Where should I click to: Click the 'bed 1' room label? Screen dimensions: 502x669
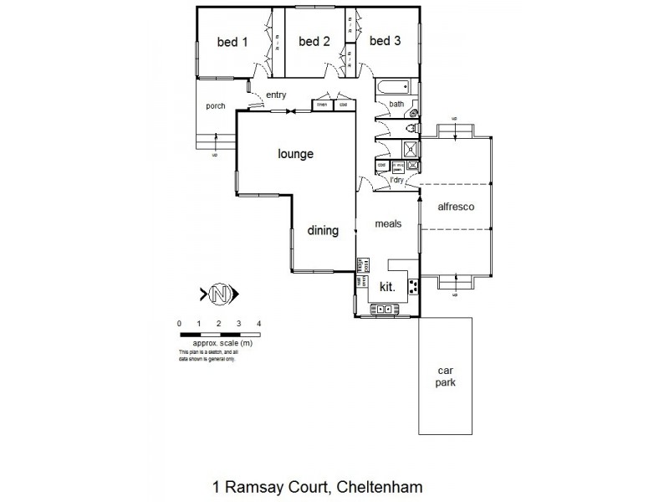(x=233, y=43)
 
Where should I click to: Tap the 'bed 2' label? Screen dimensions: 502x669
(x=314, y=43)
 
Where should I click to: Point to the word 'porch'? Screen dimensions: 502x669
(x=216, y=105)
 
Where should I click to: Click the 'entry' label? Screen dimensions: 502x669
(x=276, y=95)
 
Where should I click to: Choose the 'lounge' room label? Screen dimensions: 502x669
(x=295, y=154)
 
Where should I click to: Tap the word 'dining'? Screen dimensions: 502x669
(x=322, y=231)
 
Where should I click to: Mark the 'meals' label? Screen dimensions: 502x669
(x=388, y=223)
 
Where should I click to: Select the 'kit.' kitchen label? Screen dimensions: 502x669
(x=387, y=286)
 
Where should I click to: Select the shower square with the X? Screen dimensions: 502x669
(x=411, y=150)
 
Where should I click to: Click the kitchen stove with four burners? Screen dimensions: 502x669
(x=413, y=286)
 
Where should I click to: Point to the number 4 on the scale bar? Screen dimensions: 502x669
(x=259, y=323)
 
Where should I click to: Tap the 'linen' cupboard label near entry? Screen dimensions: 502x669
(x=322, y=105)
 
